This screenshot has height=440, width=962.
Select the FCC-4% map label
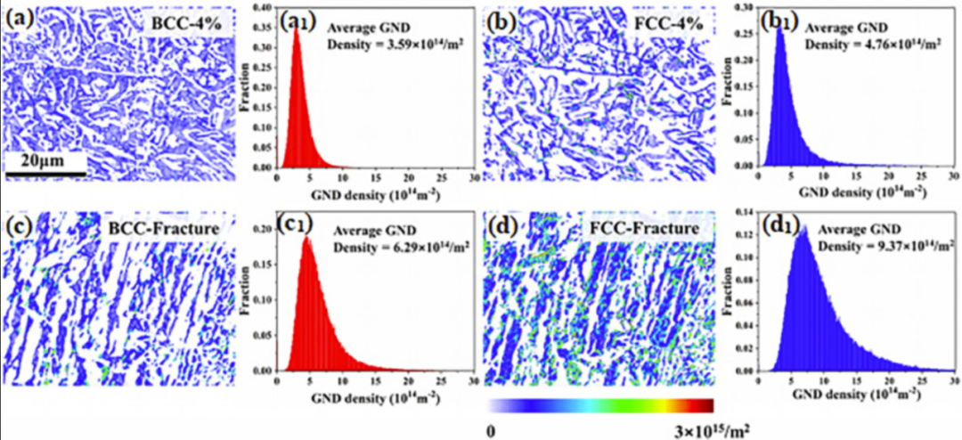click(x=667, y=22)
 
